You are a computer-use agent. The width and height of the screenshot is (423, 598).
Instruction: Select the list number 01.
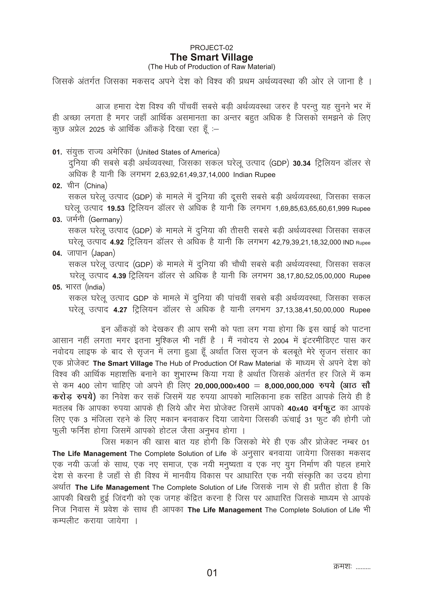point(57,152)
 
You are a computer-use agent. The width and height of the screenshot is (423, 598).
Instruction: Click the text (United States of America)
point(178,152)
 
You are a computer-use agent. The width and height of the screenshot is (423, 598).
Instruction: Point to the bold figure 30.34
point(302,164)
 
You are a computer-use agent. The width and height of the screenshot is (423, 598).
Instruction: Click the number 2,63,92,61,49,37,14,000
point(192,175)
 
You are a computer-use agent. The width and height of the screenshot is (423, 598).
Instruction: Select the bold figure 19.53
point(116,209)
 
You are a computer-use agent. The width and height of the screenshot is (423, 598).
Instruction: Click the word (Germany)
point(105,220)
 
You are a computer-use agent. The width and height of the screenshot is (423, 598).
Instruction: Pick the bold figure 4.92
point(117,242)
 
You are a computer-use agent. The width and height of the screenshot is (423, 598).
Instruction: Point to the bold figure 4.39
point(119,276)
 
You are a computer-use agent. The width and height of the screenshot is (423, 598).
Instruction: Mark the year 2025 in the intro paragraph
point(97,130)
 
